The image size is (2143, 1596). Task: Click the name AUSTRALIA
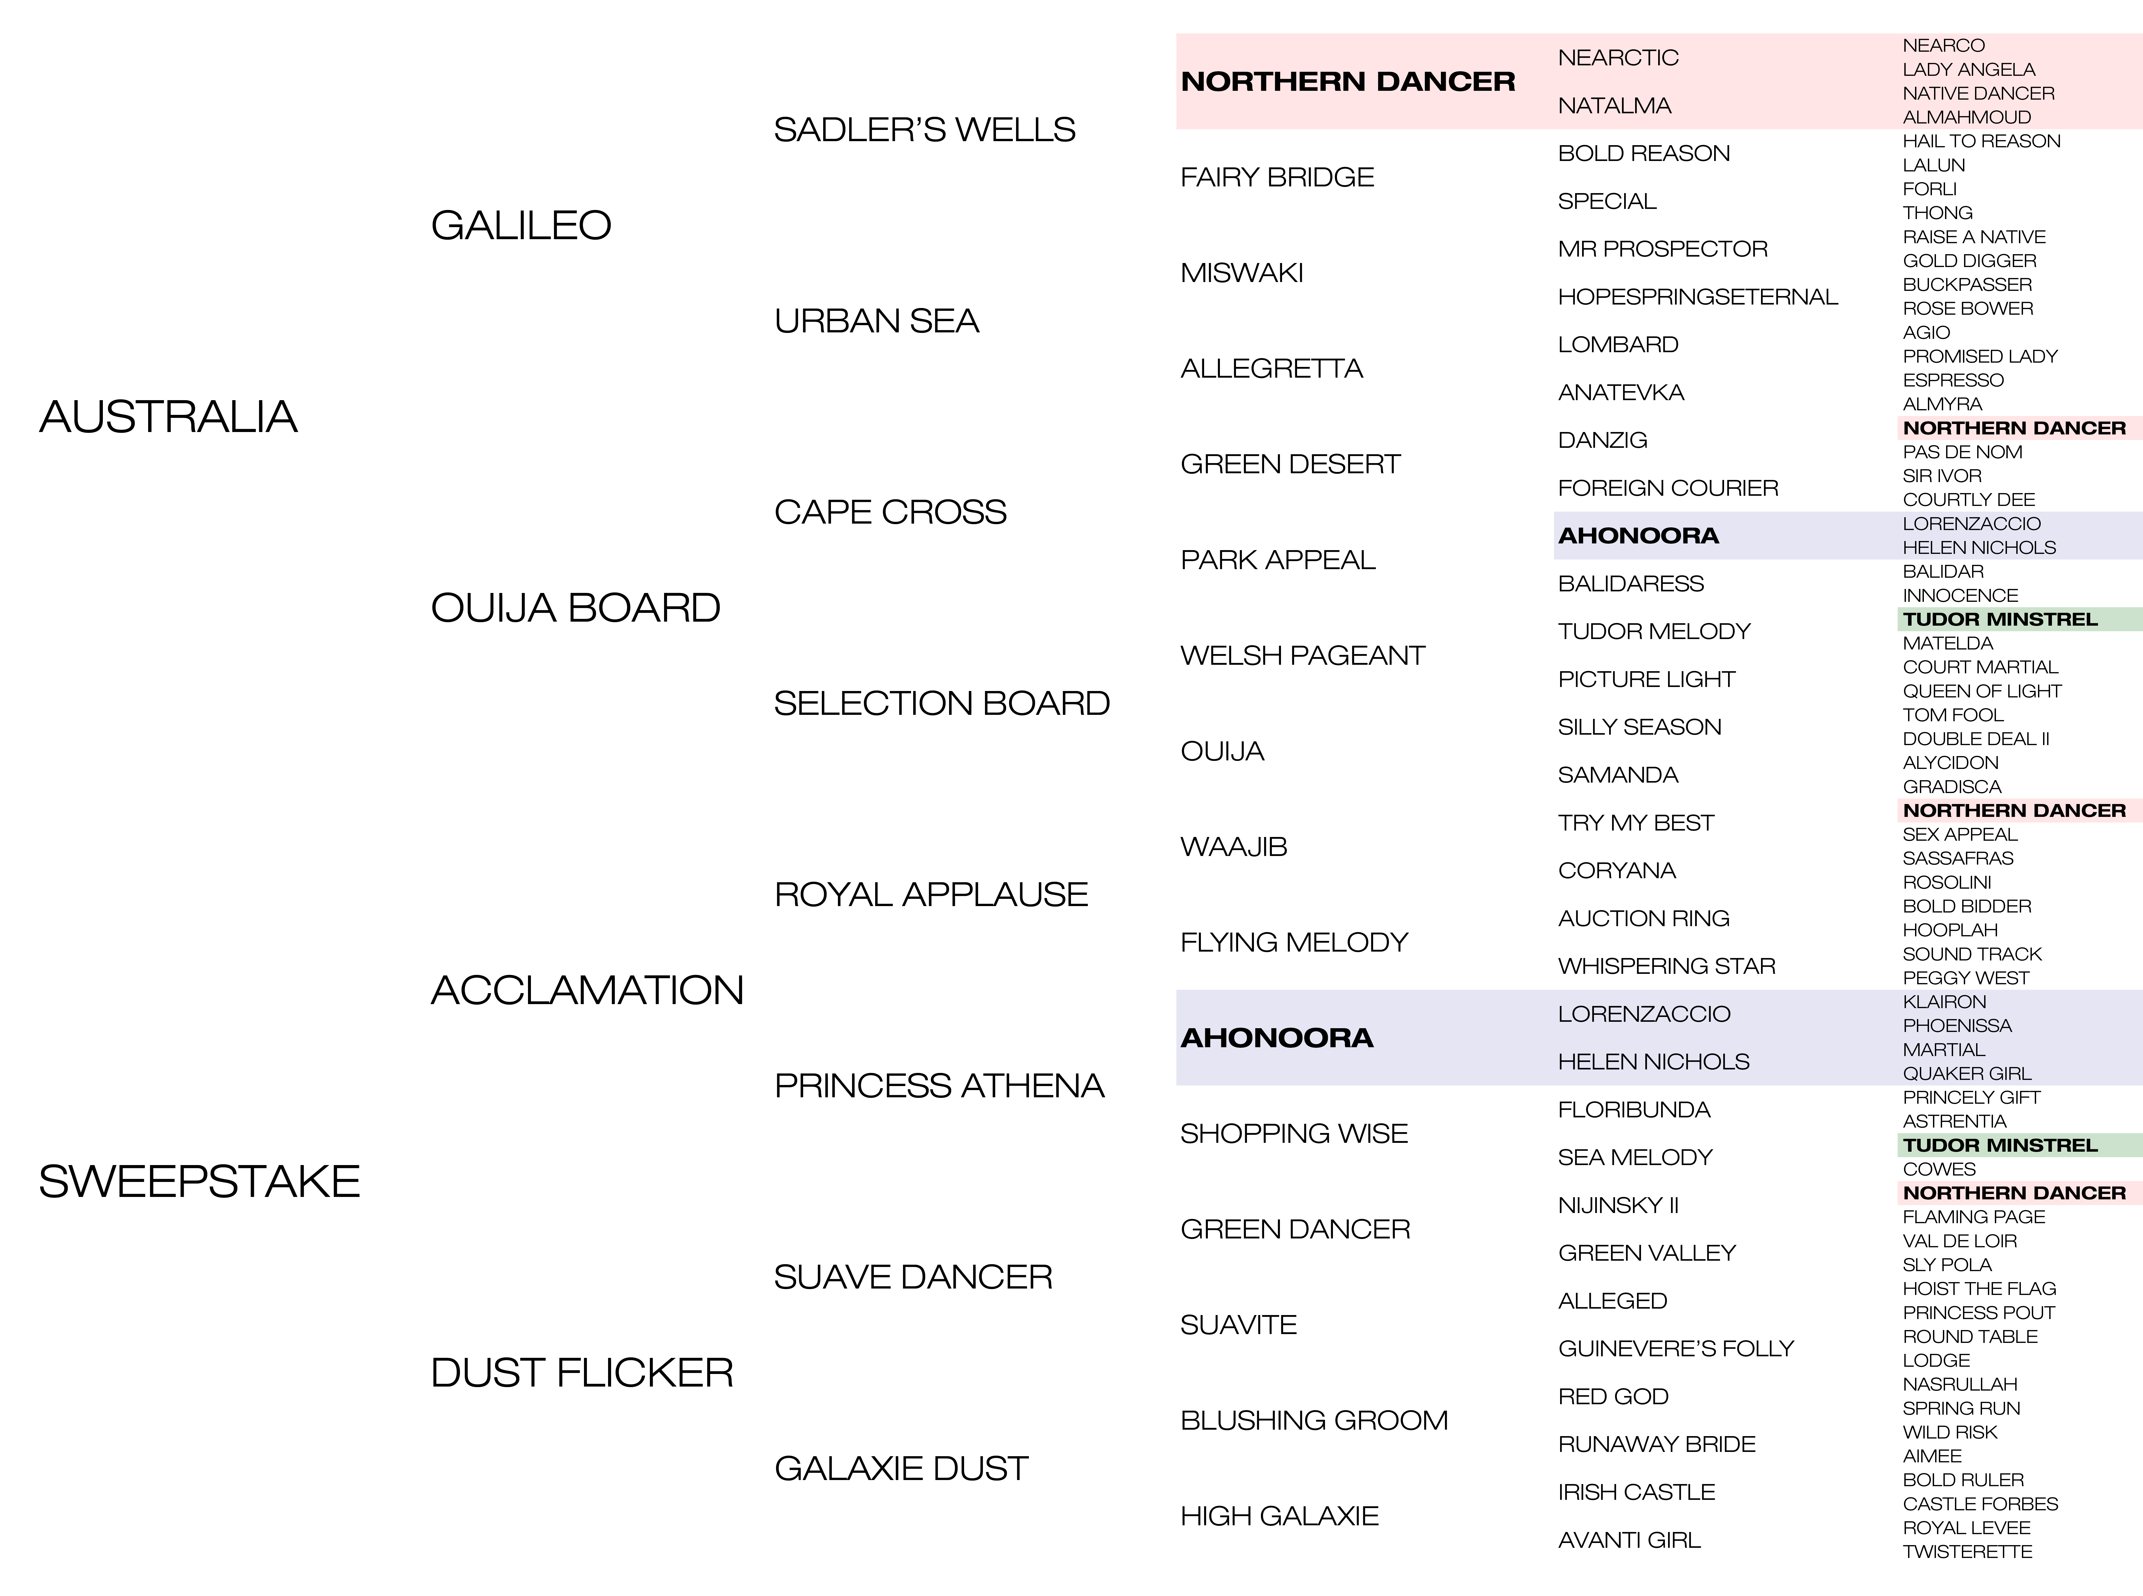(x=168, y=417)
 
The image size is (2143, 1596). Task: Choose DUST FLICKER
(x=582, y=1373)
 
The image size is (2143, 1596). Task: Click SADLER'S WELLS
(x=925, y=129)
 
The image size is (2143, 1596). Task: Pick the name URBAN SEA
(x=876, y=321)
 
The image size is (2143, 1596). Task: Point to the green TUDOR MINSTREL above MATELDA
(x=2000, y=619)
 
